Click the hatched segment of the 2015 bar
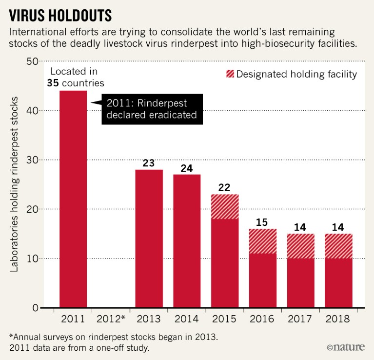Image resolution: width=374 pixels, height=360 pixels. pos(225,206)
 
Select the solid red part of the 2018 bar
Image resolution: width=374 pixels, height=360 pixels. pos(339,283)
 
